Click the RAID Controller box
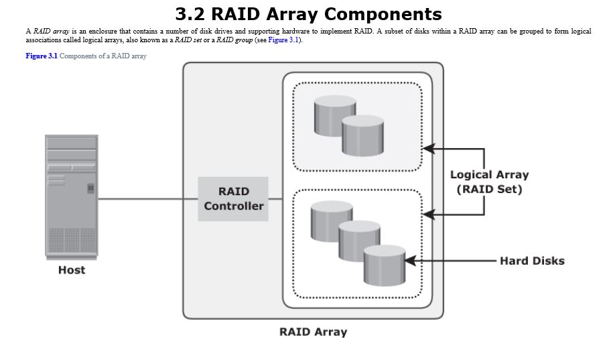coord(233,198)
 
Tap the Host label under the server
coord(72,270)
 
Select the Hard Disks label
coord(532,261)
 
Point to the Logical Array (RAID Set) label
coord(489,182)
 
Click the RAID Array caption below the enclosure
coord(313,332)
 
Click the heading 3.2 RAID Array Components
coord(308,14)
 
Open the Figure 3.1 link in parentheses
coord(283,40)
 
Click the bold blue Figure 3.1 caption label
coord(42,56)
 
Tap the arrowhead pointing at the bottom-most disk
coord(410,261)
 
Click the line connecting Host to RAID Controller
coord(147,198)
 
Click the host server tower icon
coord(72,195)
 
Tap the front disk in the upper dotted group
coord(362,136)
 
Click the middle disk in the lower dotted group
coord(358,240)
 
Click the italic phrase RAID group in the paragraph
coord(234,40)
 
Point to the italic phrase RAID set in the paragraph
coord(188,40)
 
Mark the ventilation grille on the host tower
coord(72,240)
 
